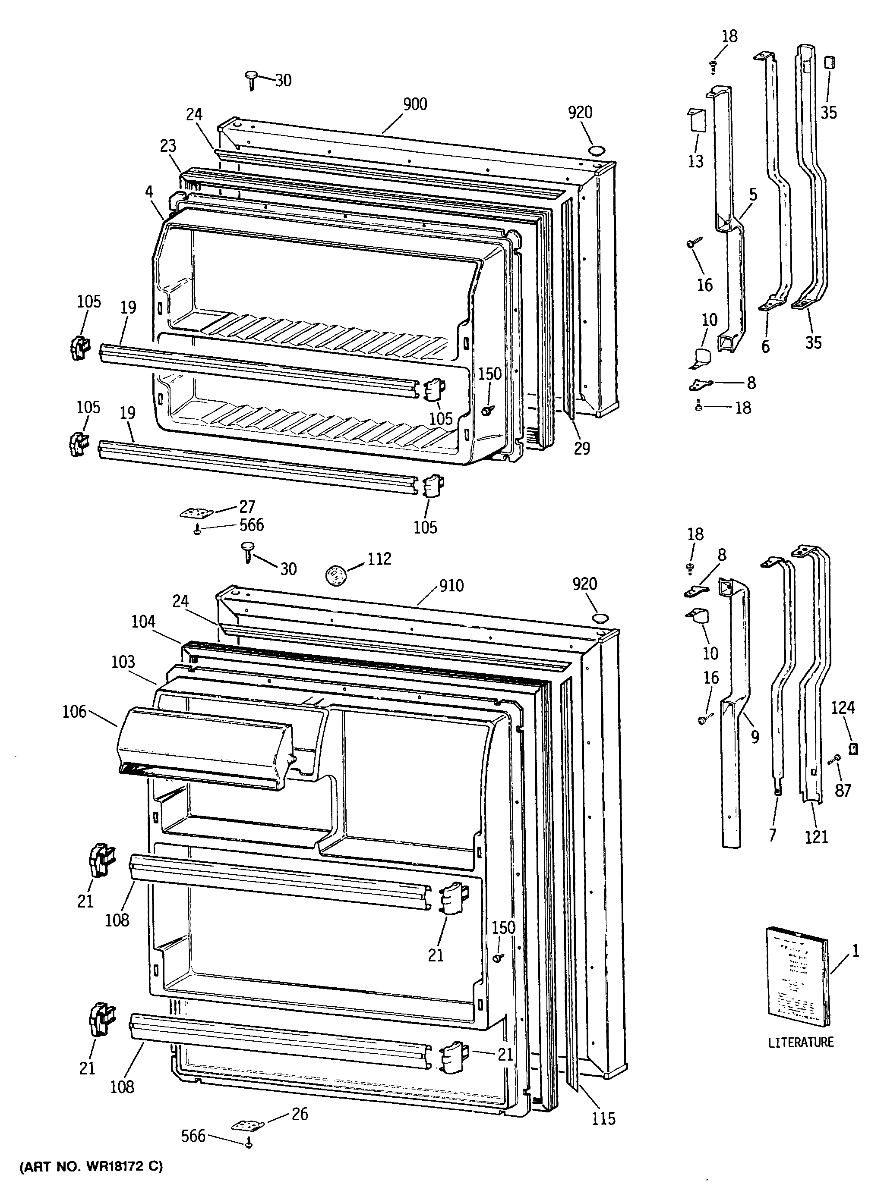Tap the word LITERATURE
(x=801, y=1042)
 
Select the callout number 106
(x=74, y=711)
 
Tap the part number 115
(x=603, y=1118)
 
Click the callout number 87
(x=843, y=790)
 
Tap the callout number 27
(x=247, y=506)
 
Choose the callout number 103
(x=123, y=662)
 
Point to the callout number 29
(x=582, y=448)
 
